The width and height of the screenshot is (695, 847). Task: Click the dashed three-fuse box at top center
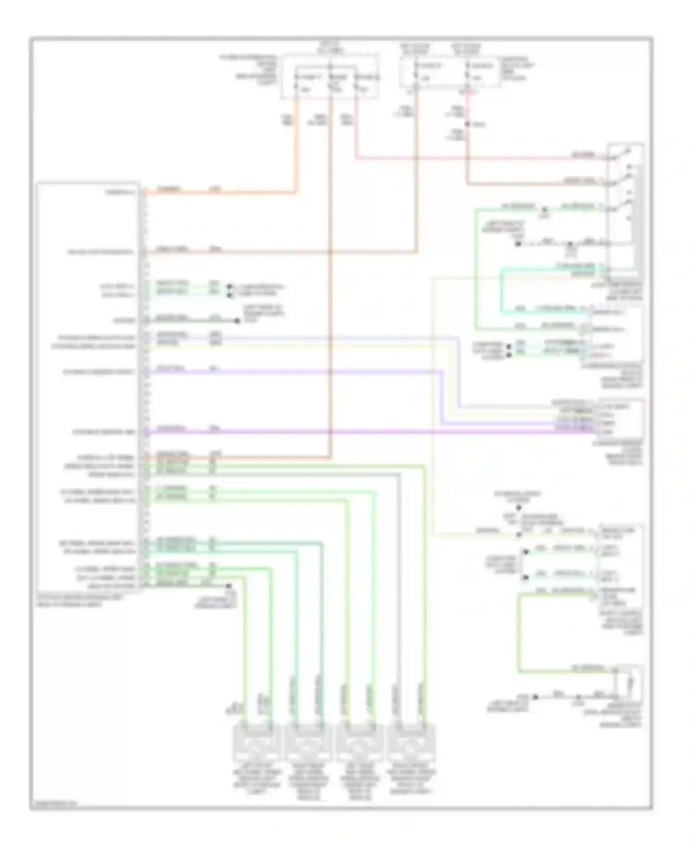(x=330, y=76)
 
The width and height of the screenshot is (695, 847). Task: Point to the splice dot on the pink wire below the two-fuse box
(x=468, y=124)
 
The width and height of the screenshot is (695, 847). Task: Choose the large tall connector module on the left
(x=88, y=387)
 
